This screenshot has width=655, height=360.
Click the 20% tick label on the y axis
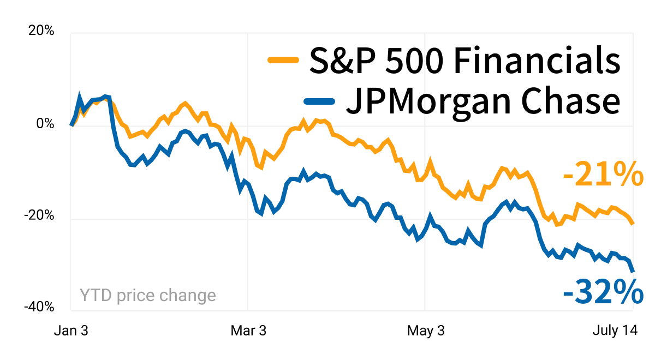(41, 31)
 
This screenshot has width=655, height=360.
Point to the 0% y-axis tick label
(45, 124)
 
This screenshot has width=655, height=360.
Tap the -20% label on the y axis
(39, 215)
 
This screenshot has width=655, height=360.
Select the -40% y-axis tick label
(39, 307)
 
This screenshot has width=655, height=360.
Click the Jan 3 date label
(71, 331)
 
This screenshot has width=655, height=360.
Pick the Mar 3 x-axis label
(248, 331)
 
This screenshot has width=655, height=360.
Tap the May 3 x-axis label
(426, 331)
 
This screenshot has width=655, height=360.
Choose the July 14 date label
(615, 331)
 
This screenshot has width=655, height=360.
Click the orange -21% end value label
(603, 174)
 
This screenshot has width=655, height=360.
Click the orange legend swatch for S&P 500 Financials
(283, 60)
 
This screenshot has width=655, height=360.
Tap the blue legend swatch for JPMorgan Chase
(319, 101)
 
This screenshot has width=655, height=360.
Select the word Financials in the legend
(537, 61)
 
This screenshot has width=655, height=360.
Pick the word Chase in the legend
(570, 101)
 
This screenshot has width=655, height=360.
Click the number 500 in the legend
(414, 61)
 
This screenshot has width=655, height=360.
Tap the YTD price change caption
(148, 296)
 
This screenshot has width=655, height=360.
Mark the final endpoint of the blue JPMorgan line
(633, 272)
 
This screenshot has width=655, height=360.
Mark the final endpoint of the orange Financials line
(633, 224)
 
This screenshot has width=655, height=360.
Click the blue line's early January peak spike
(79, 95)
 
